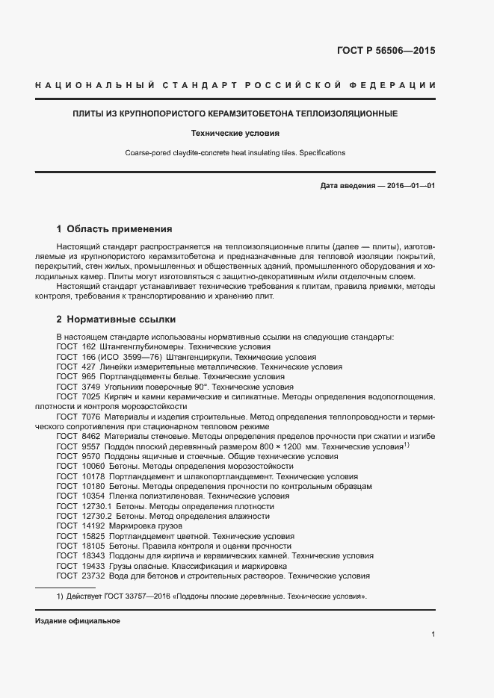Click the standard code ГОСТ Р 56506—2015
coord(391,52)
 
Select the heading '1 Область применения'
coord(114,229)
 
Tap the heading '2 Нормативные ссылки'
coord(116,320)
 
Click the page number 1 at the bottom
coord(433,635)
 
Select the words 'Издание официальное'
coord(78,621)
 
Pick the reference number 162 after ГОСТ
coord(89,347)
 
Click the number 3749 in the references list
coord(91,387)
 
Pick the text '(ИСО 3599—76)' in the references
coord(131,357)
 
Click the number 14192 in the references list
coord(91,526)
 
